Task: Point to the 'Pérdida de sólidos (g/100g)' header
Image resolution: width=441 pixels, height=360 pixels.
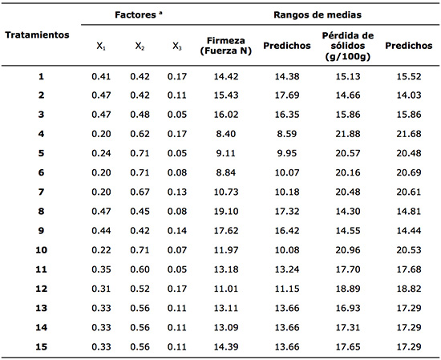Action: (x=347, y=46)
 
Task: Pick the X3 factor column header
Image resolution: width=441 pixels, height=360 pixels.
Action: (x=177, y=47)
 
